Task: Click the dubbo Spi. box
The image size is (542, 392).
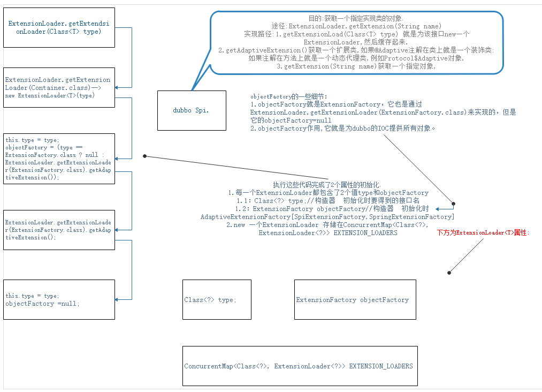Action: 192,110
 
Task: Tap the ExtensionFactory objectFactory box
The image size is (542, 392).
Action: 353,300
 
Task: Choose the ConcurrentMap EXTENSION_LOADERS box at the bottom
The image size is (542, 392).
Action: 300,366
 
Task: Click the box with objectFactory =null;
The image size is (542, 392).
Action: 59,300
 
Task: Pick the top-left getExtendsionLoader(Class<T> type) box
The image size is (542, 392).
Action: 59,28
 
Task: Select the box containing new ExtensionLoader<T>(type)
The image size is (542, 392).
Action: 59,87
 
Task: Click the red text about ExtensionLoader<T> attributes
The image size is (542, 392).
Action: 483,233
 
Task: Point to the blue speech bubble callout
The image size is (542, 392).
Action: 357,42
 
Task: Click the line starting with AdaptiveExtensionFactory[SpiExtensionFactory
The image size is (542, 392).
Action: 327,217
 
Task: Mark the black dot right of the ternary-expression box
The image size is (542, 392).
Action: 145,156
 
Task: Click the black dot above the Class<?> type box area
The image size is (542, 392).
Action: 449,273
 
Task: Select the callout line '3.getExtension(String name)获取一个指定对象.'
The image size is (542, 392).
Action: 357,66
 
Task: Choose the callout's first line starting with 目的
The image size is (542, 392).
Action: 357,18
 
